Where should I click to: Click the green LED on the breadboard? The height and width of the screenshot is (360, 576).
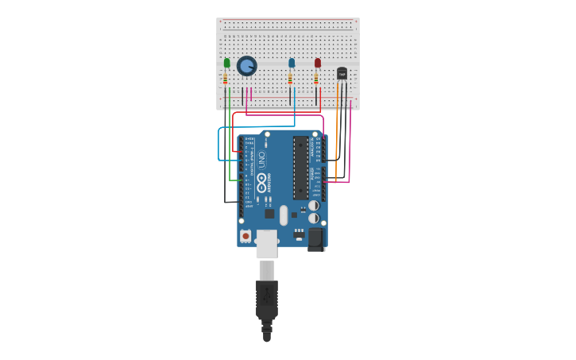[226, 63]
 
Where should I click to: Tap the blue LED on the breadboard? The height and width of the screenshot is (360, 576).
[292, 63]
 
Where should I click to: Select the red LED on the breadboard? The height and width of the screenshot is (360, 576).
[317, 63]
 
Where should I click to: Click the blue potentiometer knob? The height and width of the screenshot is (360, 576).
[246, 65]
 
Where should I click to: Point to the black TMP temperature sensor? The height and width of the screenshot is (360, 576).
[342, 73]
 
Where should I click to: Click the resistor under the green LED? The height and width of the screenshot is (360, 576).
[226, 79]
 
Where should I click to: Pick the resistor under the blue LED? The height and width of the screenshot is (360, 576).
[290, 79]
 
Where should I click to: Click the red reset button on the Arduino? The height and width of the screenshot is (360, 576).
[245, 235]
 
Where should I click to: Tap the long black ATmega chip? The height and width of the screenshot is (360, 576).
[300, 168]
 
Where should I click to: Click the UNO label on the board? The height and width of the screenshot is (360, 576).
[261, 159]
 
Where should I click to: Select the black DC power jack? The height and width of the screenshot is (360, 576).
[315, 238]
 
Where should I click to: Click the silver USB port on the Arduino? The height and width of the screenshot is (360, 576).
[266, 243]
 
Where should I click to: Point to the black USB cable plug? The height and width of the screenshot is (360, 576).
[267, 298]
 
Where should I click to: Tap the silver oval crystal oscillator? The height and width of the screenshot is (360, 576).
[284, 215]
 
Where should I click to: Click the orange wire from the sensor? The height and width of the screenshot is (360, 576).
[337, 127]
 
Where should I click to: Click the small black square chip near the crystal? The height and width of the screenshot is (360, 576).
[269, 213]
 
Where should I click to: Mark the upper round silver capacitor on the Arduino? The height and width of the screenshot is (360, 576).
[314, 205]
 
